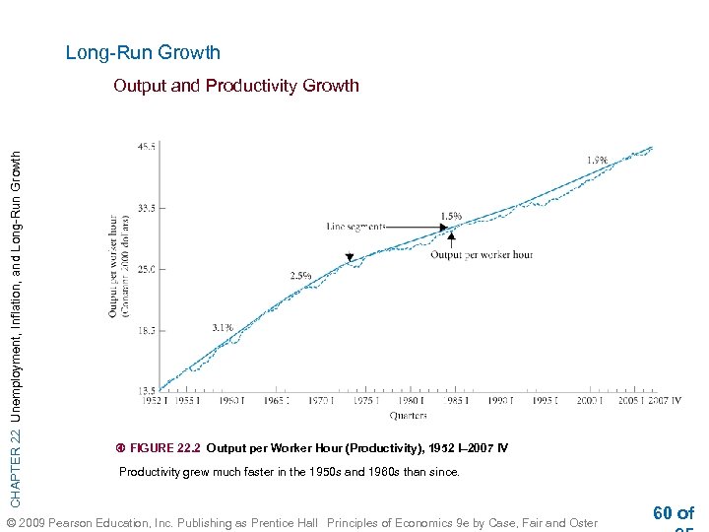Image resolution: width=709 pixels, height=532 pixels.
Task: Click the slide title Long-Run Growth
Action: pos(143,52)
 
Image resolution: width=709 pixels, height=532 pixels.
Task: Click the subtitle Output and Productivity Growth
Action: pos(236,86)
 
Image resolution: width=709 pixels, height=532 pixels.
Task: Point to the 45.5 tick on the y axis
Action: pos(146,147)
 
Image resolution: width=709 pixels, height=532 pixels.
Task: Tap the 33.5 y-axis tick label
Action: pos(146,208)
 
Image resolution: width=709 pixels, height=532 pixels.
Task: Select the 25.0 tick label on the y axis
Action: pos(146,269)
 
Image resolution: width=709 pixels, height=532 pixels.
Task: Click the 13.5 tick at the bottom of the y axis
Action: pos(146,390)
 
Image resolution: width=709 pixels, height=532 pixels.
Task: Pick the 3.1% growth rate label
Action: pos(223,326)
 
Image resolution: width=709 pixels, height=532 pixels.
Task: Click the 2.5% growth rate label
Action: pos(300,275)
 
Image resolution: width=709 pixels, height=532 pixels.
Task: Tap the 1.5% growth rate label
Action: pos(451,216)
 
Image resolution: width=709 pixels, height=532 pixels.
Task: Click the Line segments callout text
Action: pos(355,226)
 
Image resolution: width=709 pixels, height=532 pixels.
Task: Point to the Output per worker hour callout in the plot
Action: pos(481,254)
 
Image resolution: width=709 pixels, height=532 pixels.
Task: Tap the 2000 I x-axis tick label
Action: pos(590,401)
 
